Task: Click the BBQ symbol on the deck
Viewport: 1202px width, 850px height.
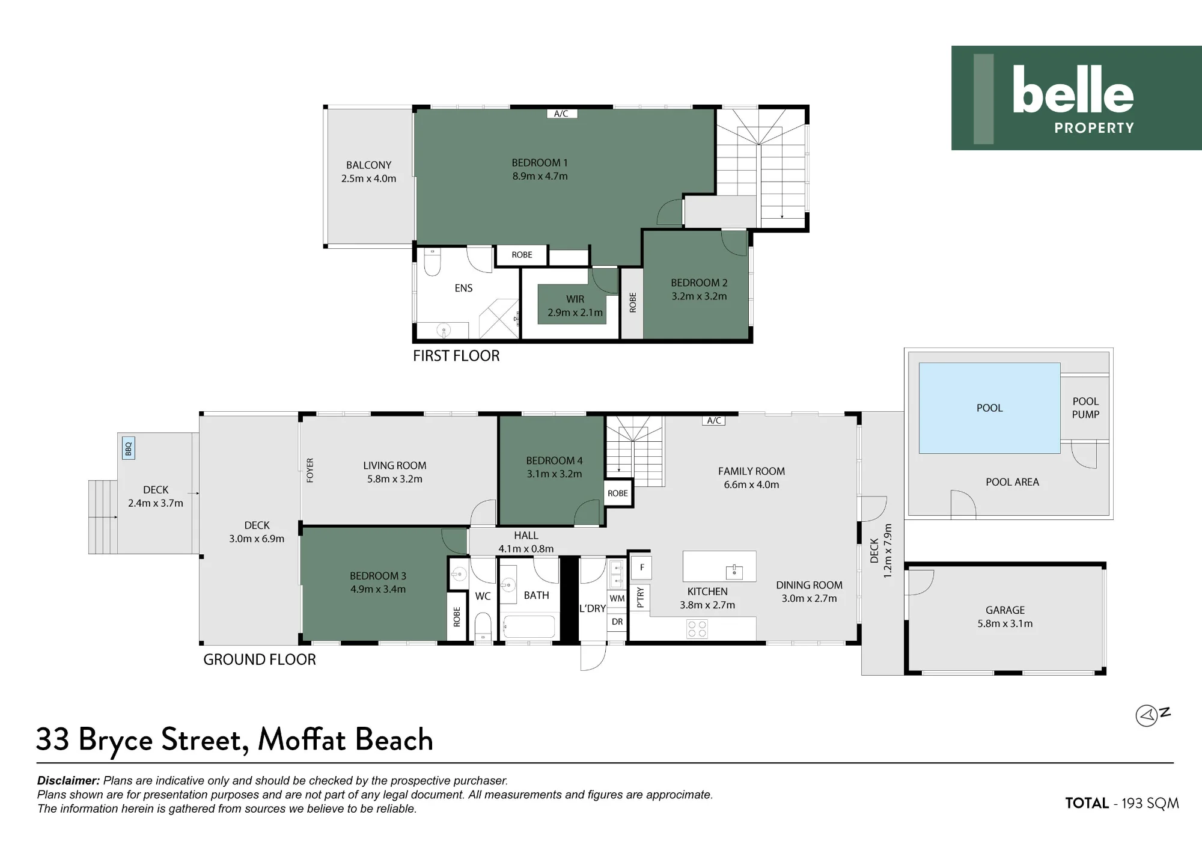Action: click(x=128, y=448)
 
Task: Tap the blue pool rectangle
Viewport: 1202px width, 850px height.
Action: click(x=989, y=408)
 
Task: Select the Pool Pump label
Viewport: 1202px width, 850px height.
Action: click(x=1085, y=408)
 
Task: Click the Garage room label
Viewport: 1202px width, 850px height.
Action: click(x=1005, y=610)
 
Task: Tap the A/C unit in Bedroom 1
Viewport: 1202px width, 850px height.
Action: click(x=561, y=114)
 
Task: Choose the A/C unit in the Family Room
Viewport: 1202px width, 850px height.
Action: click(x=713, y=421)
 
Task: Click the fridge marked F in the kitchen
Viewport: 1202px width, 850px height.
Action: click(x=642, y=567)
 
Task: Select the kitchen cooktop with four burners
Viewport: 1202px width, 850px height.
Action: click(x=697, y=629)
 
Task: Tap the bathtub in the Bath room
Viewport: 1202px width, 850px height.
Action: click(x=529, y=626)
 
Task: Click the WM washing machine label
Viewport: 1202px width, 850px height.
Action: click(x=617, y=599)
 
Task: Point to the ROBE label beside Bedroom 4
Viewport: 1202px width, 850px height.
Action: click(x=618, y=494)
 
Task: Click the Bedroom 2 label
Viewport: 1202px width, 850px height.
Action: click(x=699, y=283)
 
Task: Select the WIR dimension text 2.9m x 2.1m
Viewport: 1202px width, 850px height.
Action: click(x=575, y=313)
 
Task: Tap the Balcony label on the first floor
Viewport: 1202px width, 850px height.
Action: click(x=368, y=165)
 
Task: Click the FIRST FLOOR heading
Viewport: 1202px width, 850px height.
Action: click(x=456, y=356)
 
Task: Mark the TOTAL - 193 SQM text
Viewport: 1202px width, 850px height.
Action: click(x=1122, y=803)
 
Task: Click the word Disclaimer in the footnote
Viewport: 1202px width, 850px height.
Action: click(x=69, y=781)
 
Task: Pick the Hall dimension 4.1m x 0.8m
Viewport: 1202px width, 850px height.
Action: click(x=526, y=549)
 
